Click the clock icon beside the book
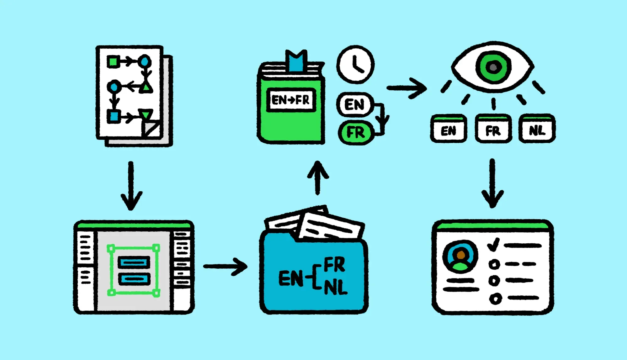pos(355,65)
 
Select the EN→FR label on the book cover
pos(291,100)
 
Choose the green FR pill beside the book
pos(356,132)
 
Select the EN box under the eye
pos(449,129)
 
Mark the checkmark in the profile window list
pos(493,245)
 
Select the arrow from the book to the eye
pos(407,88)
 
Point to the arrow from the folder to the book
pos(318,178)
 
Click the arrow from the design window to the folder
pos(226,267)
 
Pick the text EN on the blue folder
pos(291,278)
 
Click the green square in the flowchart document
pos(113,62)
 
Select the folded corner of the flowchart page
pos(152,129)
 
